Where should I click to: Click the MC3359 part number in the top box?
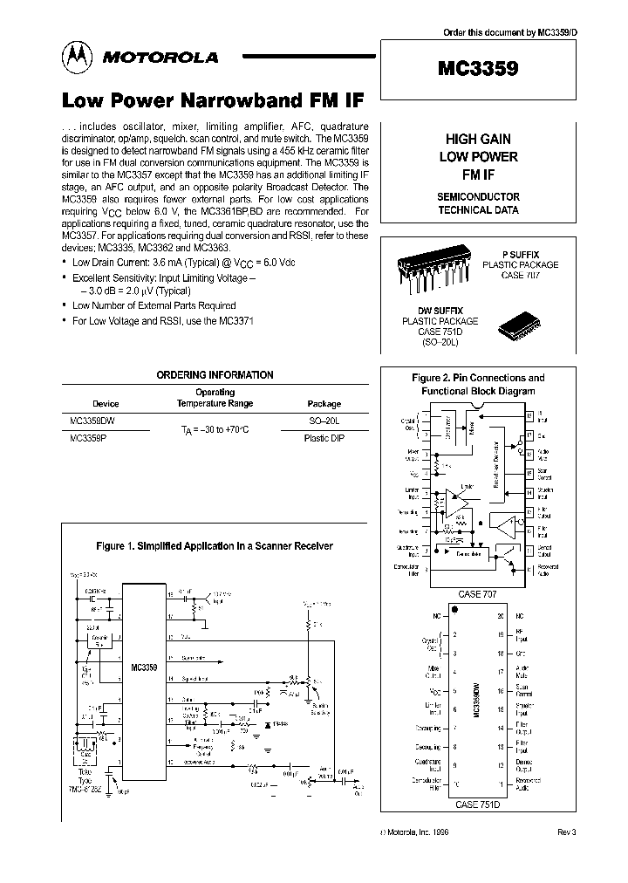pyautogui.click(x=478, y=68)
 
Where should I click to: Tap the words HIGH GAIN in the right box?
pyautogui.click(x=478, y=139)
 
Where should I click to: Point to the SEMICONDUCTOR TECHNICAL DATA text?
pyautogui.click(x=478, y=203)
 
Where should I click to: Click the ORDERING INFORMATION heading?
pyautogui.click(x=215, y=374)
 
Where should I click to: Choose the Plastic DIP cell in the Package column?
pyautogui.click(x=324, y=437)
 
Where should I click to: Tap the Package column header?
pyautogui.click(x=324, y=404)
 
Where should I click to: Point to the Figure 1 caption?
pyautogui.click(x=214, y=546)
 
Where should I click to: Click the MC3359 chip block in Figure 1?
pyautogui.click(x=144, y=667)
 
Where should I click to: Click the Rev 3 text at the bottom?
pyautogui.click(x=566, y=832)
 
